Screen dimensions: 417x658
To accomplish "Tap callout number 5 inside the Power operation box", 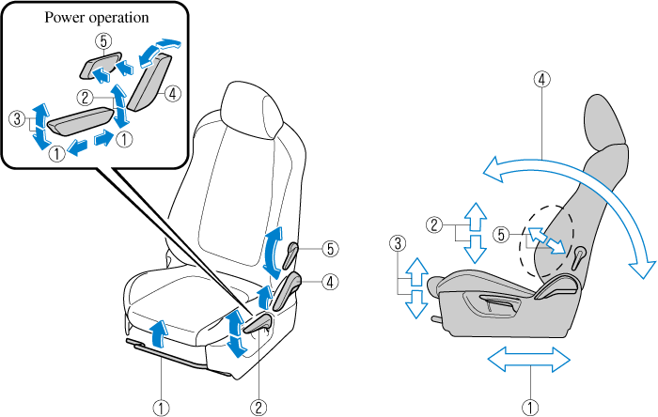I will (x=103, y=41).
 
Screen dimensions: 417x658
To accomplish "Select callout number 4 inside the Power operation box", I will (x=173, y=93).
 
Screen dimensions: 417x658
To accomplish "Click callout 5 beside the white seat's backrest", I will (x=329, y=249).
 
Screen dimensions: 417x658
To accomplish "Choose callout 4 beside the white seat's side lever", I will (x=330, y=280).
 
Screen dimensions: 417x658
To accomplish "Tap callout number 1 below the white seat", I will (x=163, y=407).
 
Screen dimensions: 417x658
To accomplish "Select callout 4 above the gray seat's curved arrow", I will (x=543, y=80).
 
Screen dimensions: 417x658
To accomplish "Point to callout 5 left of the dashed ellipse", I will (x=502, y=235).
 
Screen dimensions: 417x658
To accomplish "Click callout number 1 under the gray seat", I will (x=532, y=407).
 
